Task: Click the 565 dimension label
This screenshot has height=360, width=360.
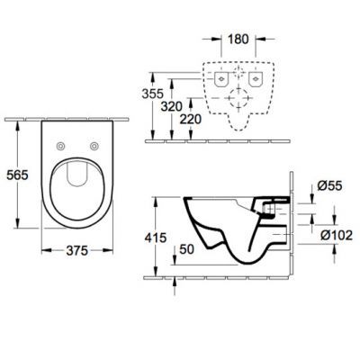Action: click(x=17, y=175)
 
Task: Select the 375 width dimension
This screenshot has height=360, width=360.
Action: click(x=77, y=250)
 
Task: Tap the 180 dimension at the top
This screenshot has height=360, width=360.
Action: click(x=238, y=39)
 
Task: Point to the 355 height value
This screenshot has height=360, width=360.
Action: click(x=153, y=94)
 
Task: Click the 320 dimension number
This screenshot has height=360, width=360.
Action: click(x=171, y=106)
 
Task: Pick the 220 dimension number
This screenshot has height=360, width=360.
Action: click(x=191, y=120)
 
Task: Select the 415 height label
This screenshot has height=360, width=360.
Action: click(x=156, y=238)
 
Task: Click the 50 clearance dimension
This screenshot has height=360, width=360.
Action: click(x=186, y=249)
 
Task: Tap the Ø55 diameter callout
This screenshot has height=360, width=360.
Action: click(x=329, y=186)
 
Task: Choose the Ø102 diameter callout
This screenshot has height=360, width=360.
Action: click(x=337, y=236)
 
